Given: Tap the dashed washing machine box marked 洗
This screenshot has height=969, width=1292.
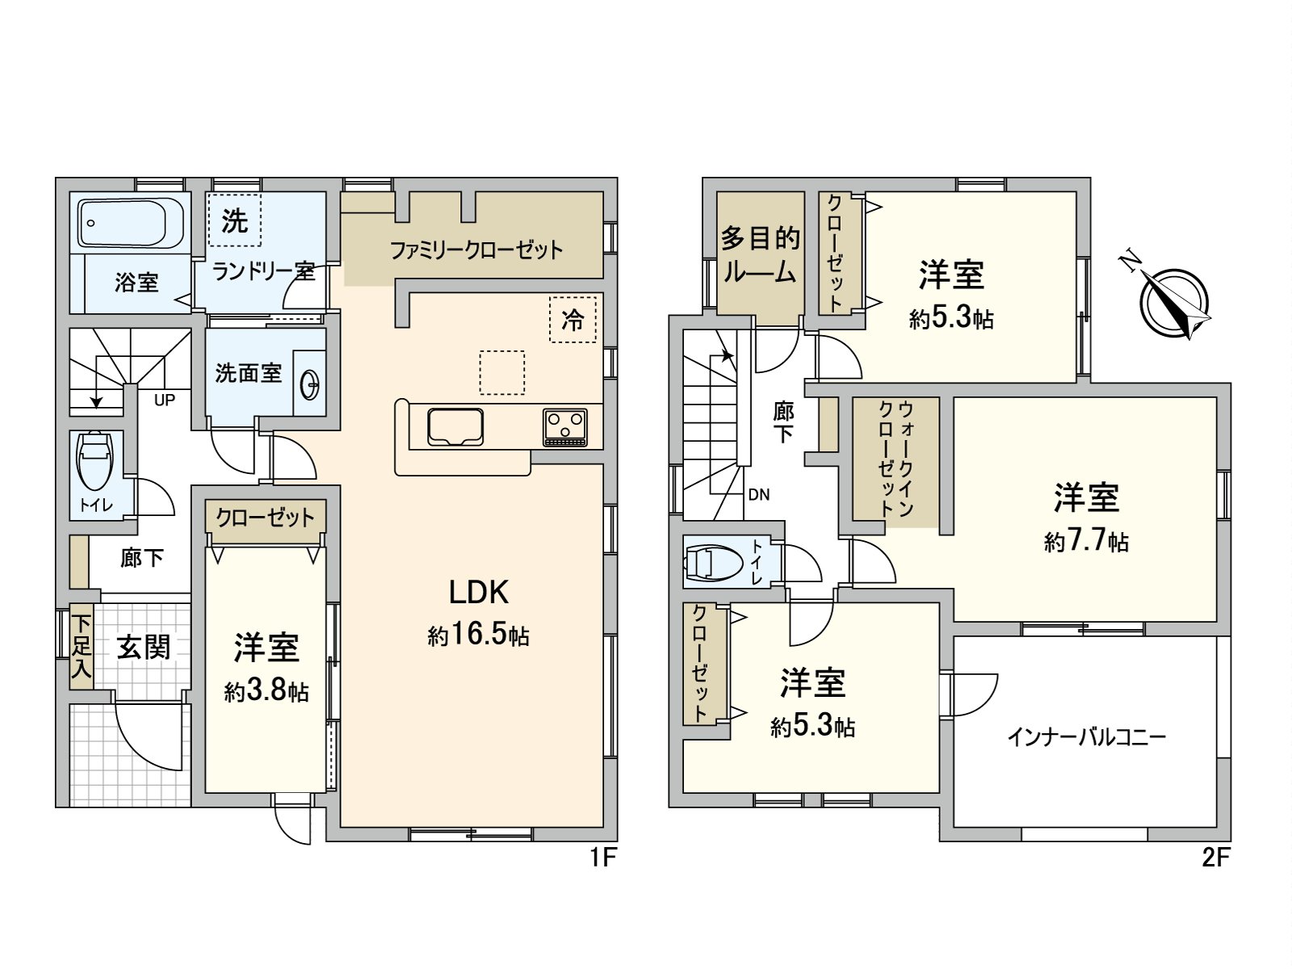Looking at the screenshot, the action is pos(233,220).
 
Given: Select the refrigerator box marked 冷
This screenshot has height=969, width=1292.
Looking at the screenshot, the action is pos(573,320).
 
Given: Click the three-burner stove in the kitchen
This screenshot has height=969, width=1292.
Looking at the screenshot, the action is pos(565,427).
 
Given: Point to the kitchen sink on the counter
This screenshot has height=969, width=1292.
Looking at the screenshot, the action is pos(455,427).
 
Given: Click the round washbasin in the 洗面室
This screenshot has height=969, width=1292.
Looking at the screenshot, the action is pos(309,386).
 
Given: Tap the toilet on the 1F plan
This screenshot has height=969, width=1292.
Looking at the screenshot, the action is pos(94,461).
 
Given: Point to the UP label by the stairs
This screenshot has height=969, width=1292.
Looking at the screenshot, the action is pos(164,400).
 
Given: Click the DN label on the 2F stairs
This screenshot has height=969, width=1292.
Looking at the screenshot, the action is pos(759,495).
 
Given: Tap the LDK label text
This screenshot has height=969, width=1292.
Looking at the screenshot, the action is pos(479,593).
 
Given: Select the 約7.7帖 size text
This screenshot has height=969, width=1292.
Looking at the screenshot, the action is pos(1087,541).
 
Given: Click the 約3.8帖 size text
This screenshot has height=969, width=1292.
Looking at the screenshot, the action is pos(266,691).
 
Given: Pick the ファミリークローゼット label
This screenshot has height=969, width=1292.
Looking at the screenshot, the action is pos(476,250).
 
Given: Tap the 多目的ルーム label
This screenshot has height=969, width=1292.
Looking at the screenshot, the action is pos(760,255).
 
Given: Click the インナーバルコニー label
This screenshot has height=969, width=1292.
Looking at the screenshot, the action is pos(1087,737).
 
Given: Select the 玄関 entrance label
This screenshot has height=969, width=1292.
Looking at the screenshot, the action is pos(143,647).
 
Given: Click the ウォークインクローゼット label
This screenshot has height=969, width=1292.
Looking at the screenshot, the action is pos(896,459).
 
